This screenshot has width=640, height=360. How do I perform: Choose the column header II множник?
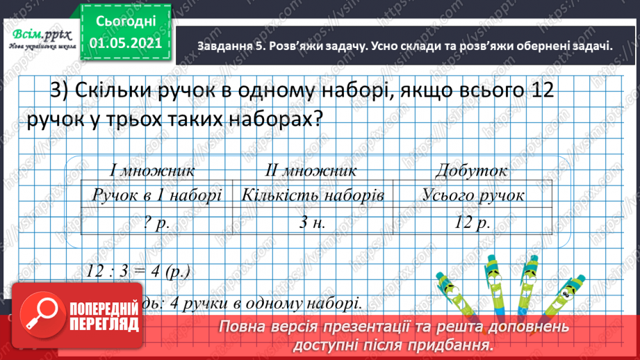coord(311,170)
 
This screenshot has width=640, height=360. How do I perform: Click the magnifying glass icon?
coord(35,313)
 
